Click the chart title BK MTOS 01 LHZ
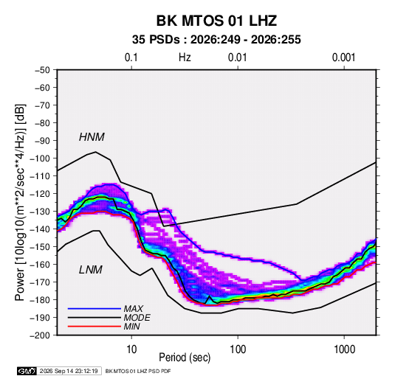pyautogui.click(x=216, y=21)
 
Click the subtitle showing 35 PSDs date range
pyautogui.click(x=216, y=40)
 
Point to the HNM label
pyautogui.click(x=92, y=137)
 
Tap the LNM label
pyautogui.click(x=91, y=270)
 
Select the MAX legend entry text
pyautogui.click(x=133, y=309)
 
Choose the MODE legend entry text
pyautogui.click(x=137, y=318)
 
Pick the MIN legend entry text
pyautogui.click(x=131, y=327)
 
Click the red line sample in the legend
pyautogui.click(x=95, y=327)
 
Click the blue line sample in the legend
pyautogui.click(x=95, y=309)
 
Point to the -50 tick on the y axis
pyautogui.click(x=42, y=70)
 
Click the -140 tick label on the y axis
pyautogui.click(x=40, y=229)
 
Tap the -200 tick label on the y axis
pyautogui.click(x=40, y=335)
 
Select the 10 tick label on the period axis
pyautogui.click(x=131, y=349)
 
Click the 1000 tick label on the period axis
pyautogui.click(x=344, y=349)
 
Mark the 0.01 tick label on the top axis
pyautogui.click(x=237, y=58)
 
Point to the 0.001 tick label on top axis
pyautogui.click(x=344, y=58)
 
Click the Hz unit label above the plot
pyautogui.click(x=185, y=58)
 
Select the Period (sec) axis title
pyautogui.click(x=185, y=358)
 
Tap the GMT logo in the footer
pyautogui.click(x=27, y=371)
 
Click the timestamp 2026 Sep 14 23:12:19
pyautogui.click(x=69, y=371)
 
